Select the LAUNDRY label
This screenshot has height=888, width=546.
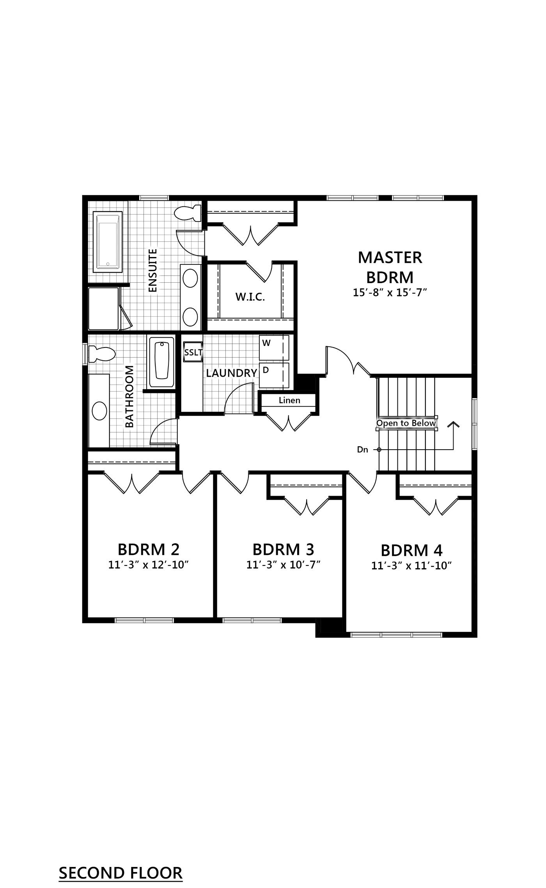(x=232, y=373)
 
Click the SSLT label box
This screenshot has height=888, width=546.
(x=193, y=353)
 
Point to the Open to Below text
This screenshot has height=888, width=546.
(x=406, y=424)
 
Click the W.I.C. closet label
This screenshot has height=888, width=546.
(x=250, y=298)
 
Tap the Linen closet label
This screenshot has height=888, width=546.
(x=289, y=400)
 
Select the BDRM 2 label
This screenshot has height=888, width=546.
(x=149, y=549)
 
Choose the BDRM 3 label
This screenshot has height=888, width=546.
(x=284, y=549)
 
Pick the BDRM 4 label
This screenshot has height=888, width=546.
(x=412, y=551)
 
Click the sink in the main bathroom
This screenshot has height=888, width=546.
(x=99, y=411)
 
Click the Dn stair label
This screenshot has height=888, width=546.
(x=363, y=450)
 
